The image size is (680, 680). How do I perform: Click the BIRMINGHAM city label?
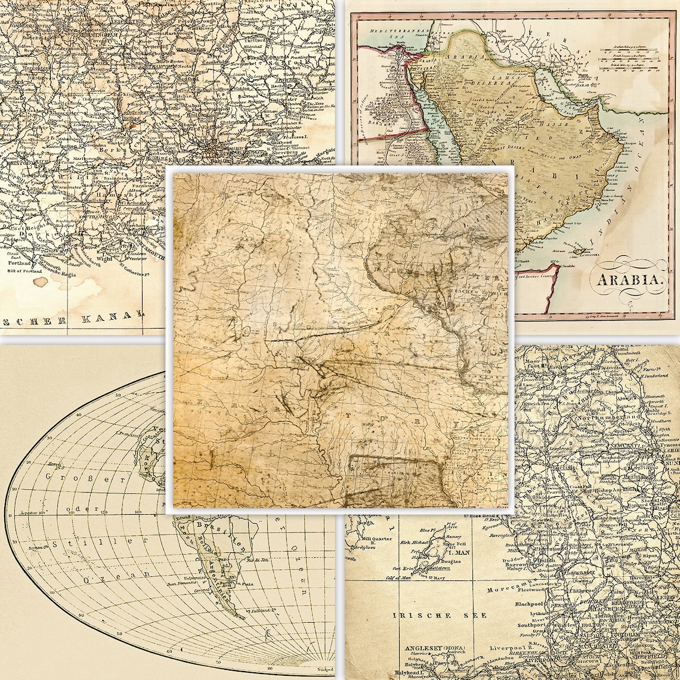pyautogui.click(x=76, y=33)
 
